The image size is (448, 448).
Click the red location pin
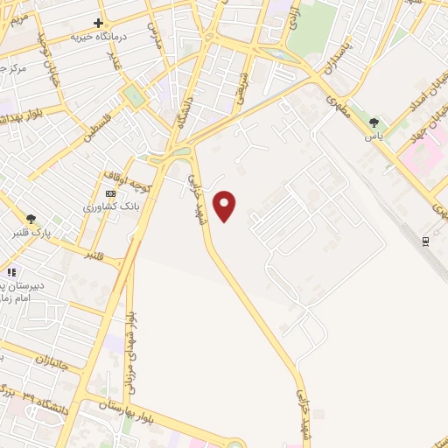click(226, 206)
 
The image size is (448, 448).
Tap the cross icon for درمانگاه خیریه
click(99, 23)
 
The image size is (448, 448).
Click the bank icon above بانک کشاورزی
click(110, 193)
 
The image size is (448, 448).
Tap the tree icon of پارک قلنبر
click(32, 220)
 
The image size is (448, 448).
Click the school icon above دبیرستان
click(11, 272)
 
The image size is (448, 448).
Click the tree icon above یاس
click(375, 122)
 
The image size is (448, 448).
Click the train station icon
click(425, 239)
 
